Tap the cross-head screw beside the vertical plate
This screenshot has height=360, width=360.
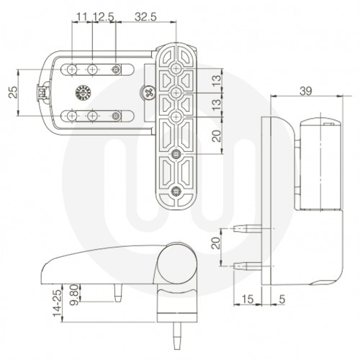coord(148,91)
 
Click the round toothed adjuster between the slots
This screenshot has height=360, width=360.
coord(82,91)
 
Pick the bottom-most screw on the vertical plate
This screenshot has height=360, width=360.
coord(176,191)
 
